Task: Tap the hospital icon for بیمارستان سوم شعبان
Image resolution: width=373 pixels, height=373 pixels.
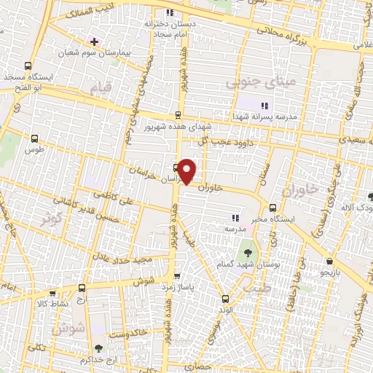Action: pyautogui.click(x=94, y=41)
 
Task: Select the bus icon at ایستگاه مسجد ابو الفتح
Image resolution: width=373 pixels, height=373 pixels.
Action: pyautogui.click(x=29, y=65)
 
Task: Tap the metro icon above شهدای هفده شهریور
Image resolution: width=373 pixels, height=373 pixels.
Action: pyautogui.click(x=178, y=115)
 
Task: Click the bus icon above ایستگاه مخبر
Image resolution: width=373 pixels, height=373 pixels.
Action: pyautogui.click(x=273, y=207)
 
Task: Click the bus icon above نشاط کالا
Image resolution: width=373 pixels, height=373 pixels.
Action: pyautogui.click(x=81, y=289)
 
